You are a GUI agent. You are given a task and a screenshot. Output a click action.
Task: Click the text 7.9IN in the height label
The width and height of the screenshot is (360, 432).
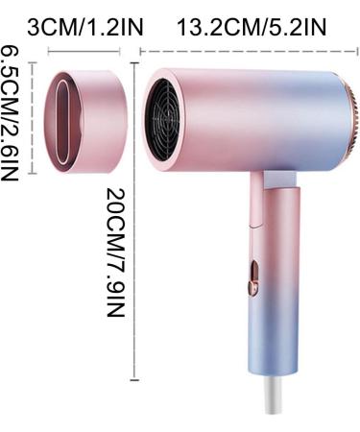[x=115, y=294]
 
